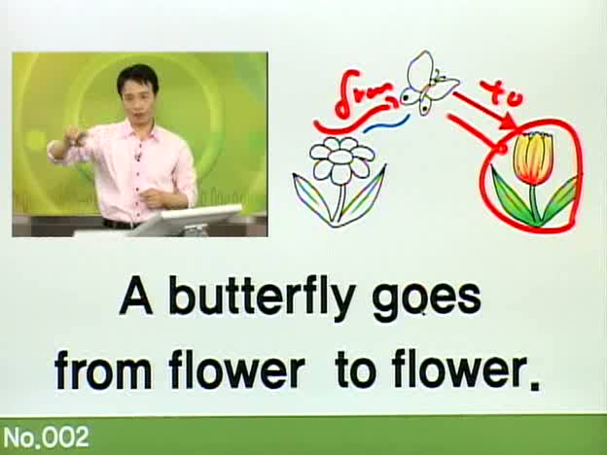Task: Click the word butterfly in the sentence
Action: coord(262,297)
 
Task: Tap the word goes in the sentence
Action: coord(427,301)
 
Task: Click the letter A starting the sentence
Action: coord(135,296)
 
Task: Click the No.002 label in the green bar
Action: coord(46,437)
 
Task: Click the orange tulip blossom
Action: coord(533,157)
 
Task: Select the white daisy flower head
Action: coord(342,158)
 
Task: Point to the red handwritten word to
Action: coord(503,93)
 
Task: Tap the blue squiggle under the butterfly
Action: coord(386,123)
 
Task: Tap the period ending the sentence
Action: coord(534,385)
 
